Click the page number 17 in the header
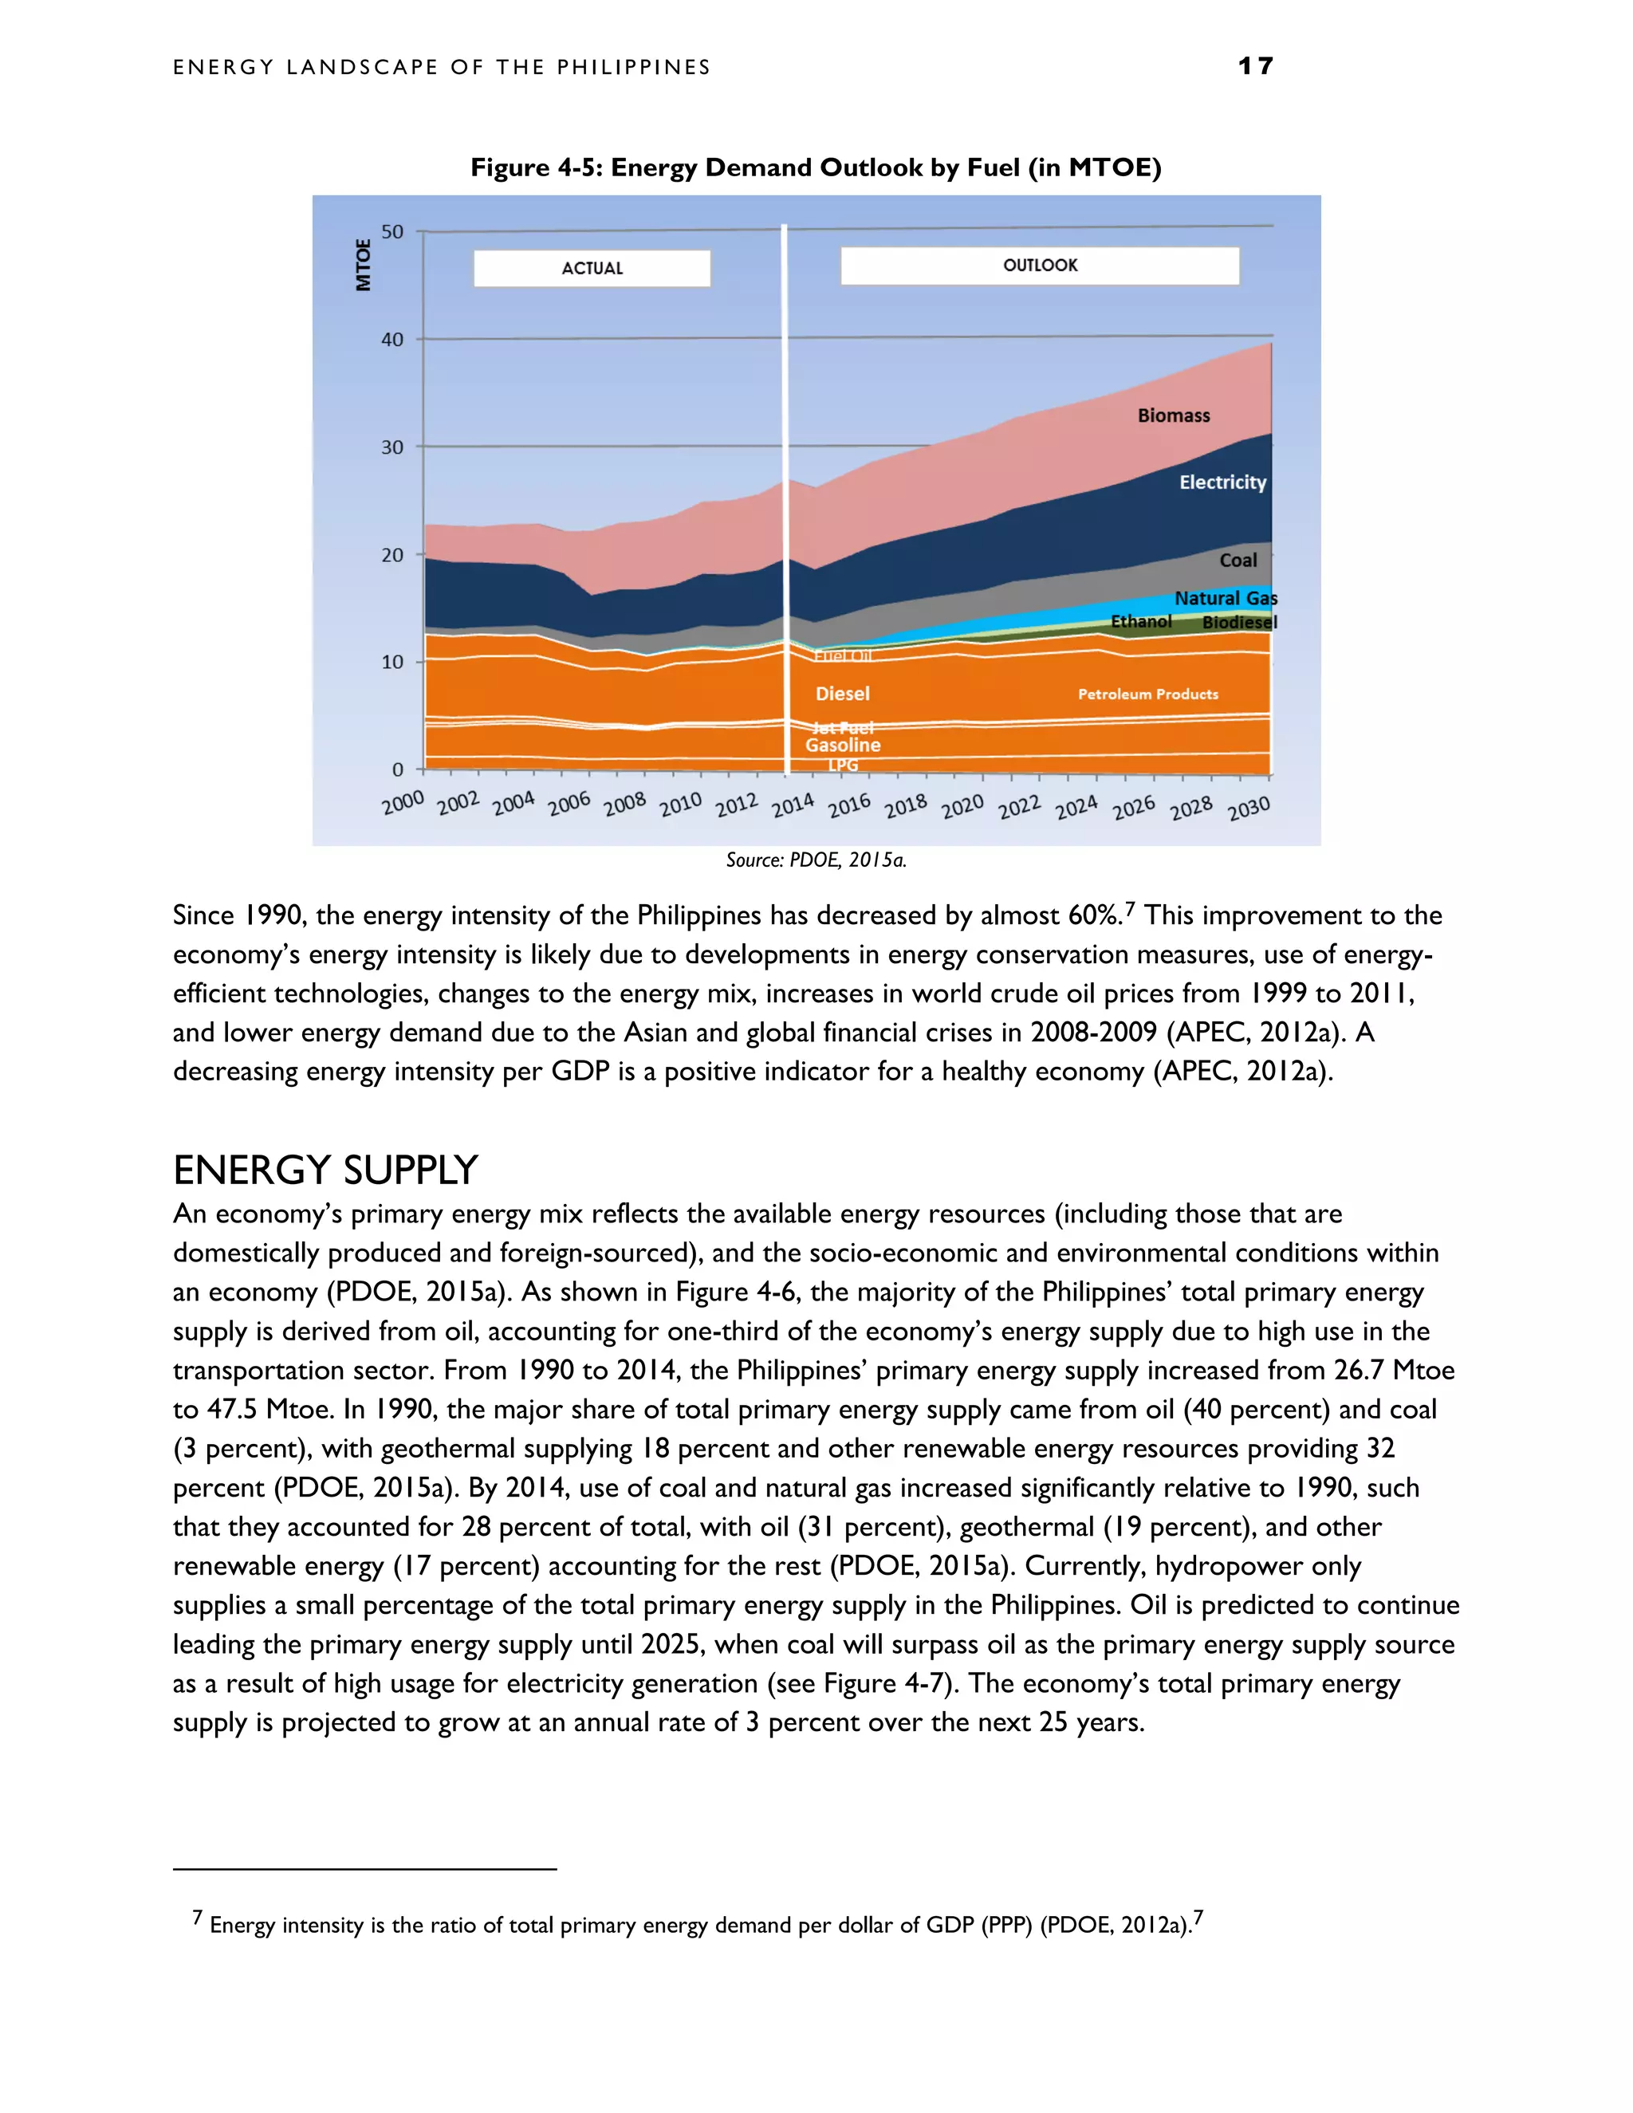[1255, 66]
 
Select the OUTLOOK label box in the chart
[1039, 265]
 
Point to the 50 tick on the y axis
[392, 231]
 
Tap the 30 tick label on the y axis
[392, 447]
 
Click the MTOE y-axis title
[364, 264]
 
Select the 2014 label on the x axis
[793, 804]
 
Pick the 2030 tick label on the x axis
[1248, 808]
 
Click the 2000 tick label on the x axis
[403, 801]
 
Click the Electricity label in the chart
[1222, 482]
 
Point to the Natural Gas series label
[1225, 598]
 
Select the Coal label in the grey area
[1238, 561]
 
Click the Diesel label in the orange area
[842, 693]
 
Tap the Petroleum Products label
[1147, 694]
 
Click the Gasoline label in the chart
[843, 745]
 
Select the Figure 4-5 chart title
[816, 167]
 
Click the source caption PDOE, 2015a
[816, 859]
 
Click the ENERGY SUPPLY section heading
[325, 1170]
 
